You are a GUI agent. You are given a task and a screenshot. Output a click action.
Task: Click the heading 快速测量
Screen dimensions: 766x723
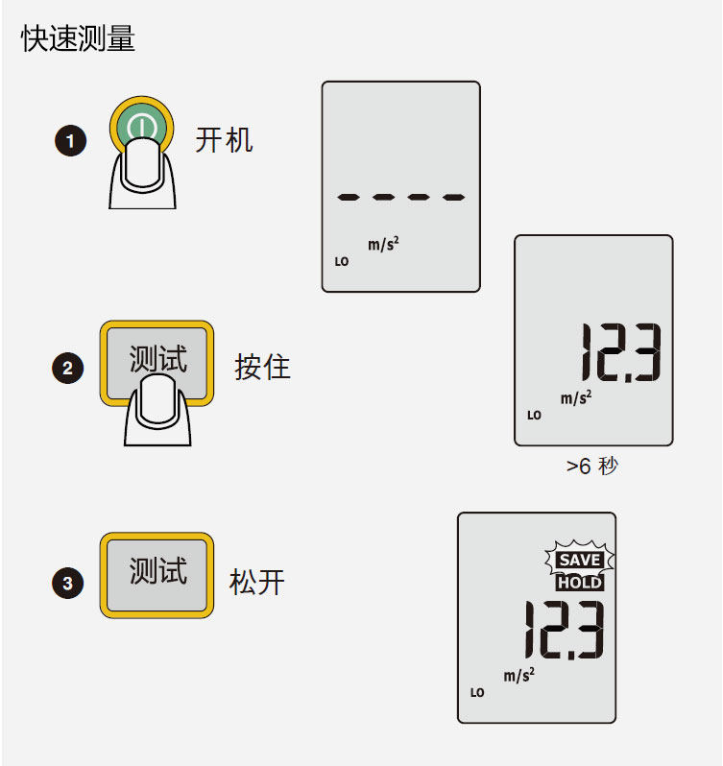pos(78,39)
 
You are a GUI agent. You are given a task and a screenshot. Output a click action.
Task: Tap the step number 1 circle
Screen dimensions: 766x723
pos(70,142)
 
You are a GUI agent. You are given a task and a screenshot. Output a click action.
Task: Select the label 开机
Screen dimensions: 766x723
pos(224,140)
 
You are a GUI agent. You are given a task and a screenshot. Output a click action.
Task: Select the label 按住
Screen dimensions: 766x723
pos(262,367)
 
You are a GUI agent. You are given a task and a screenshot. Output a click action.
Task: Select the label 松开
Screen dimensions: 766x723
pos(257,582)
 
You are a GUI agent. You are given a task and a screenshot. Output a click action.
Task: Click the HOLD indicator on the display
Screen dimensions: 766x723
pos(580,583)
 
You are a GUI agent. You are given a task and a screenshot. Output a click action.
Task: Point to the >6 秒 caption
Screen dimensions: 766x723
pos(592,467)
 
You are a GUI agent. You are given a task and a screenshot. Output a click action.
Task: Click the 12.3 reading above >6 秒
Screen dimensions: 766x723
pos(619,353)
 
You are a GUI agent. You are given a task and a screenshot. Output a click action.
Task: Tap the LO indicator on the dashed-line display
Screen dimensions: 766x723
pos(342,261)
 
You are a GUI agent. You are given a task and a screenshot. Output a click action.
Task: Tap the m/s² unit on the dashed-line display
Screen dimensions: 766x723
pos(383,245)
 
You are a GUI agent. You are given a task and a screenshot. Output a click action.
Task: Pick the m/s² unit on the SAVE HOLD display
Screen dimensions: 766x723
pos(518,676)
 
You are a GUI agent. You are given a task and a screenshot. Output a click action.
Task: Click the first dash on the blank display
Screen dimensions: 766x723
pos(348,198)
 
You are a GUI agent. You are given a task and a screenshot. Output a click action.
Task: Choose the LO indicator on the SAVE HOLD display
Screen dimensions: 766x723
pos(477,692)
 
